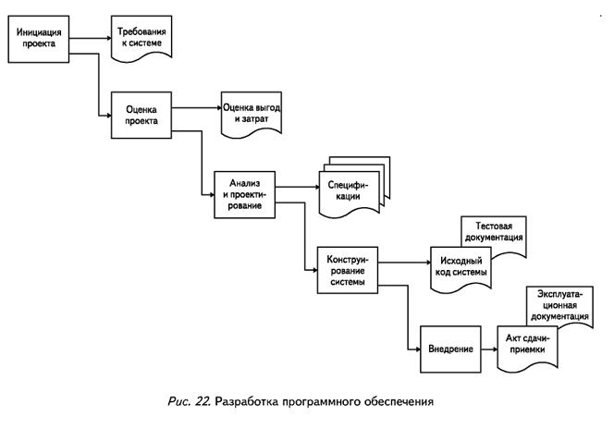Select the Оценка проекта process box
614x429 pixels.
point(141,114)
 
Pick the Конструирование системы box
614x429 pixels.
point(347,269)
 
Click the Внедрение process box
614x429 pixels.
point(450,349)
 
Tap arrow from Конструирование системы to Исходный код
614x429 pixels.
point(403,263)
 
